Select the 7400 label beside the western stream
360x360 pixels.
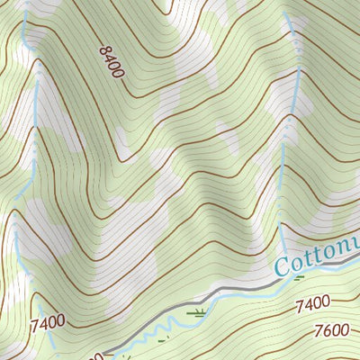(48, 320)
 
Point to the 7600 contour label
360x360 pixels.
(332, 332)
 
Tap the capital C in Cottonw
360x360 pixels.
(281, 266)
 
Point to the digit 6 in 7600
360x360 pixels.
(328, 332)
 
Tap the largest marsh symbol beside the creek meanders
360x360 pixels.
(195, 312)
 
